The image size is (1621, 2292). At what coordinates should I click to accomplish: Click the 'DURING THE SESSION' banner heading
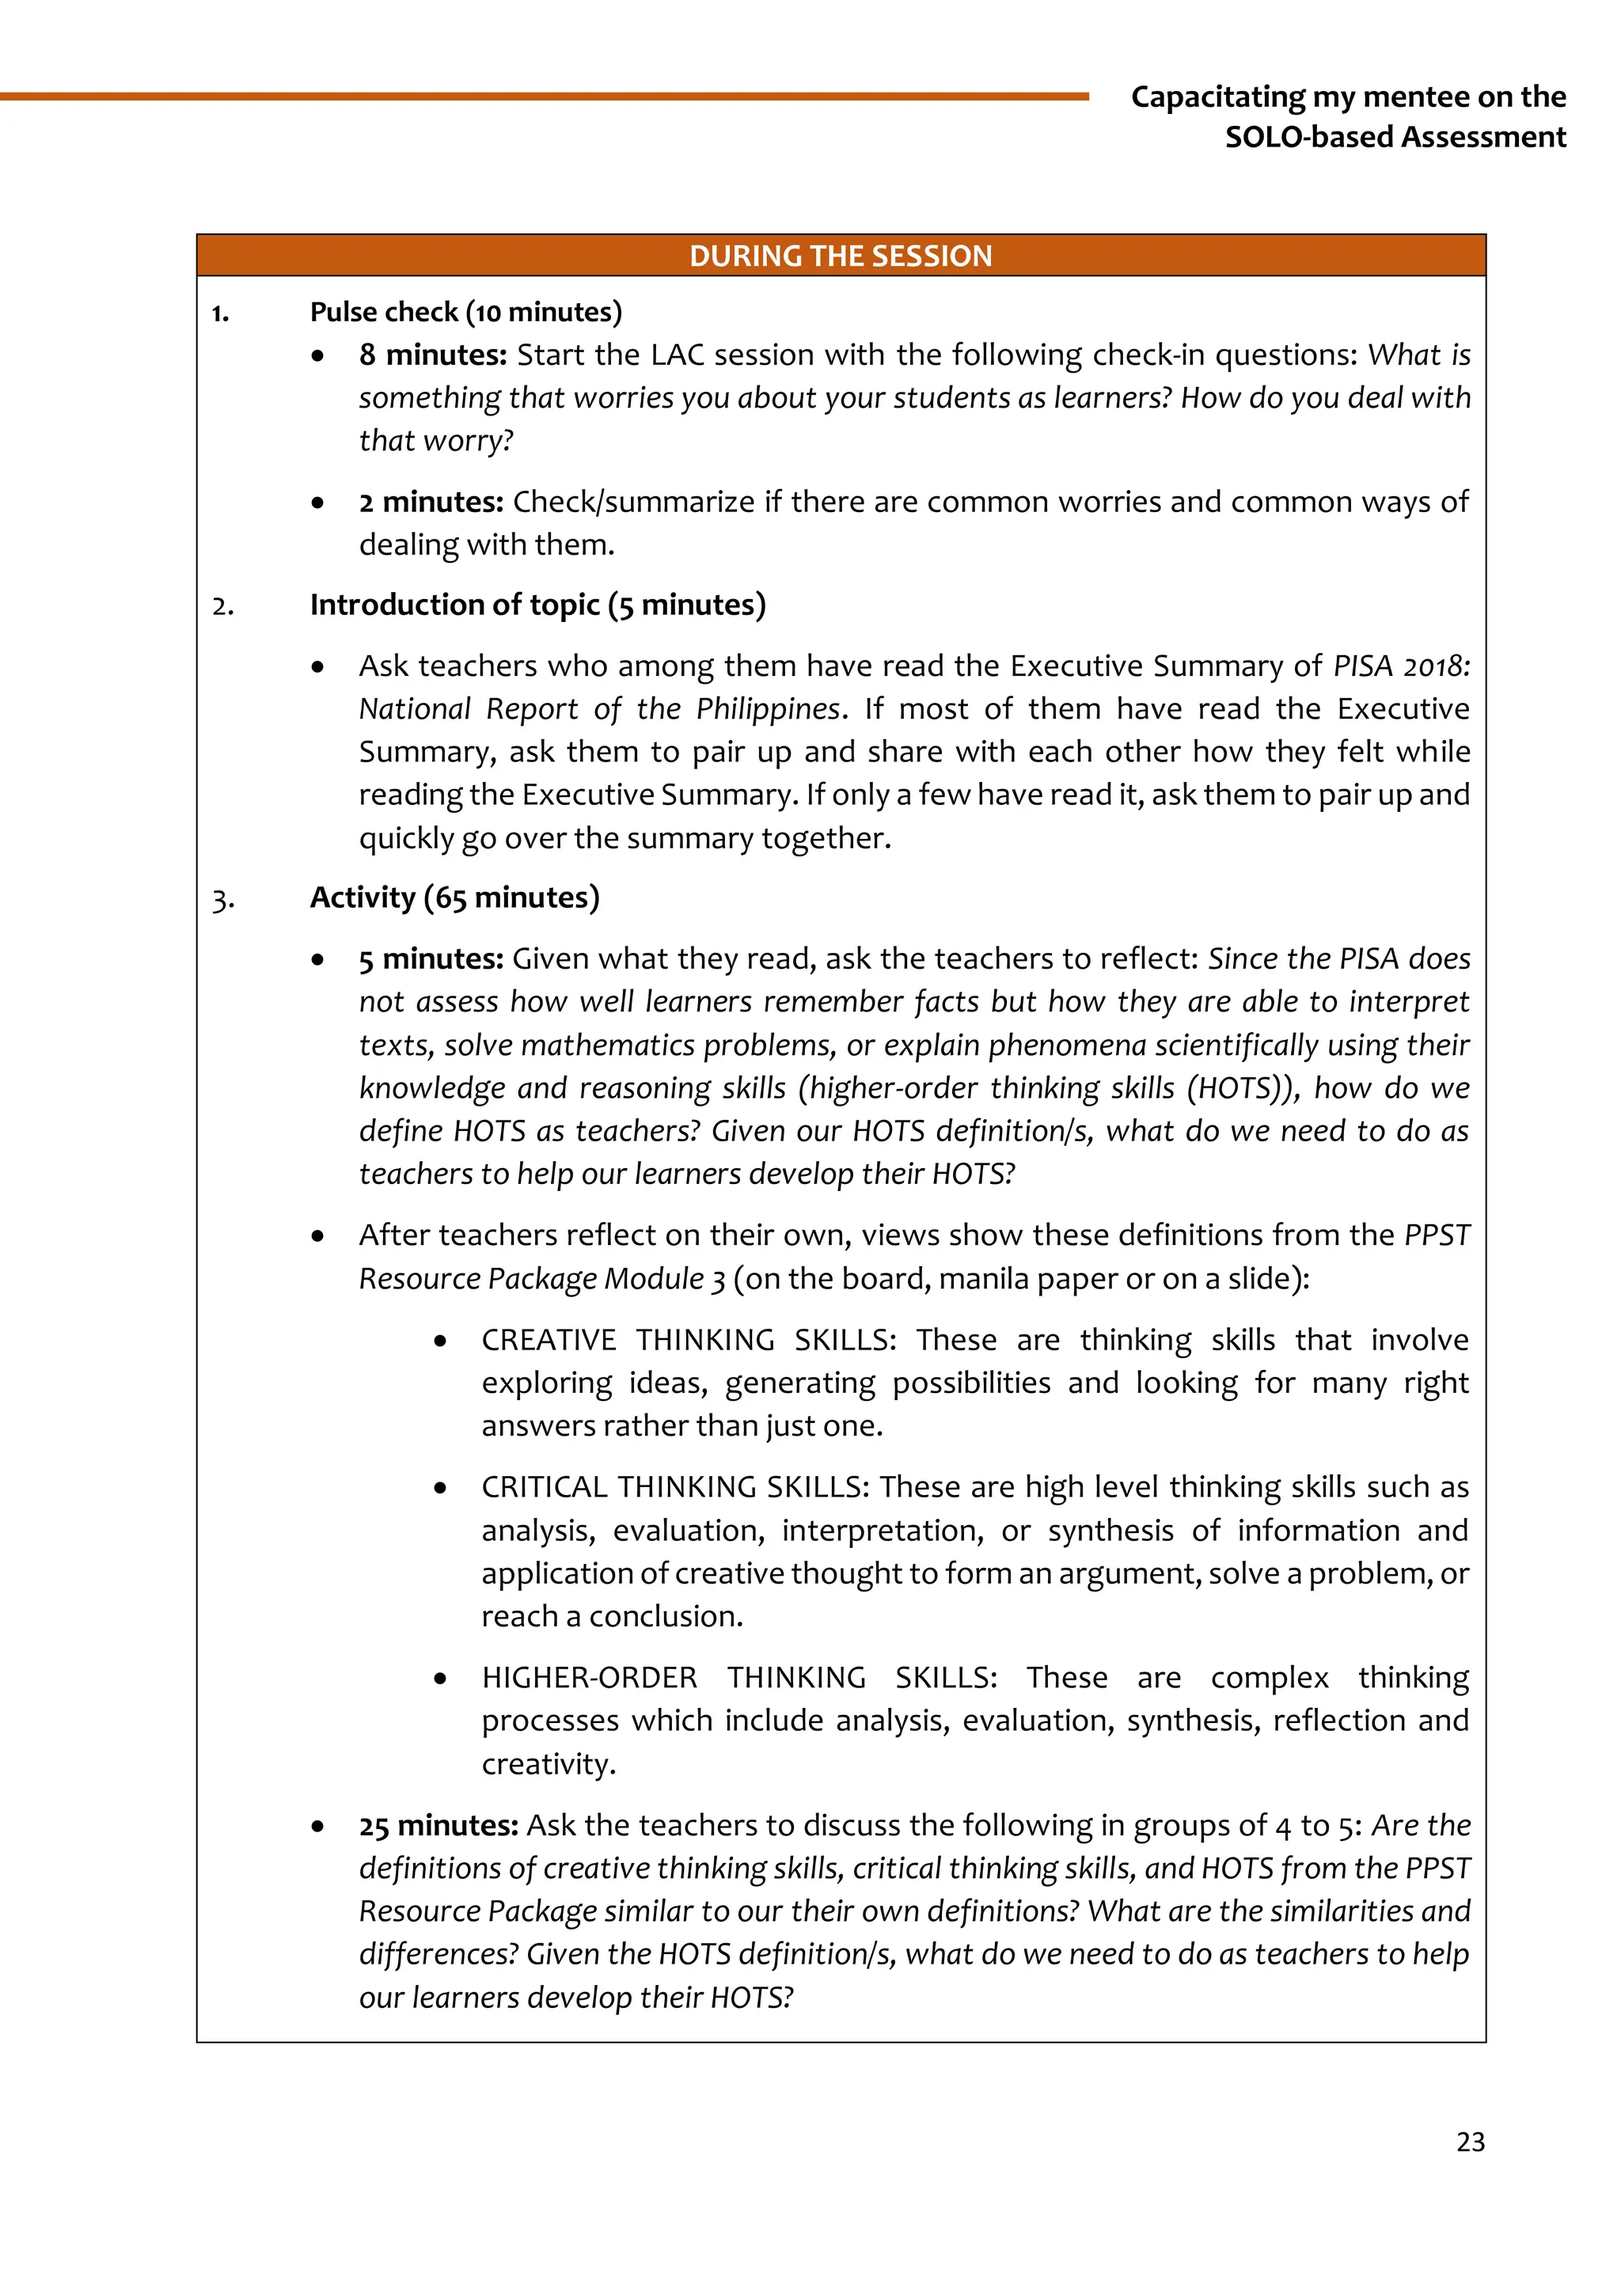click(x=841, y=256)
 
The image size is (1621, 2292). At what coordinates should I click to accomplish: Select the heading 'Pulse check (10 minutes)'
click(x=465, y=312)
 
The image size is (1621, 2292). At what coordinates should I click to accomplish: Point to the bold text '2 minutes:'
click(x=431, y=501)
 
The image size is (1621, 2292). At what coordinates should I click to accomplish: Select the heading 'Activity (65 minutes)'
click(x=454, y=897)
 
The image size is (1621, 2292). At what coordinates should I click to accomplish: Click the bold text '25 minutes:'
click(x=438, y=1825)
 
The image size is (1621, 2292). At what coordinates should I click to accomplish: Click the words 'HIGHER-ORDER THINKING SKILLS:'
click(x=738, y=1677)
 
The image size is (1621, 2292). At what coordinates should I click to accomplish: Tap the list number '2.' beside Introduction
click(x=223, y=607)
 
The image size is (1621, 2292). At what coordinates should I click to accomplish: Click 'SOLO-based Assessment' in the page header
click(x=1395, y=137)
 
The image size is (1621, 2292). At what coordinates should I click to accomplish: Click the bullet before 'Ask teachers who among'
click(x=317, y=666)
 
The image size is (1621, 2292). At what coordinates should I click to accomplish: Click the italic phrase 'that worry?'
click(x=436, y=440)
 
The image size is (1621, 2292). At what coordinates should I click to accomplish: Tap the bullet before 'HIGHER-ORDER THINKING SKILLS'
click(x=440, y=1679)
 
